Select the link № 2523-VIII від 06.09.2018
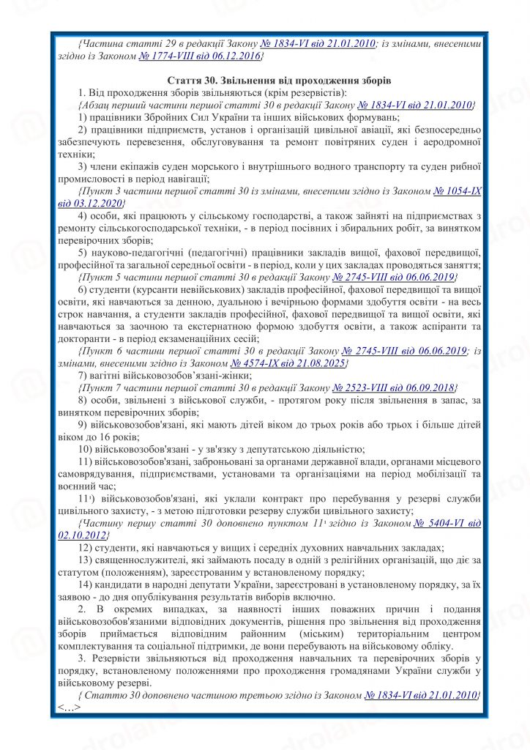point(394,387)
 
